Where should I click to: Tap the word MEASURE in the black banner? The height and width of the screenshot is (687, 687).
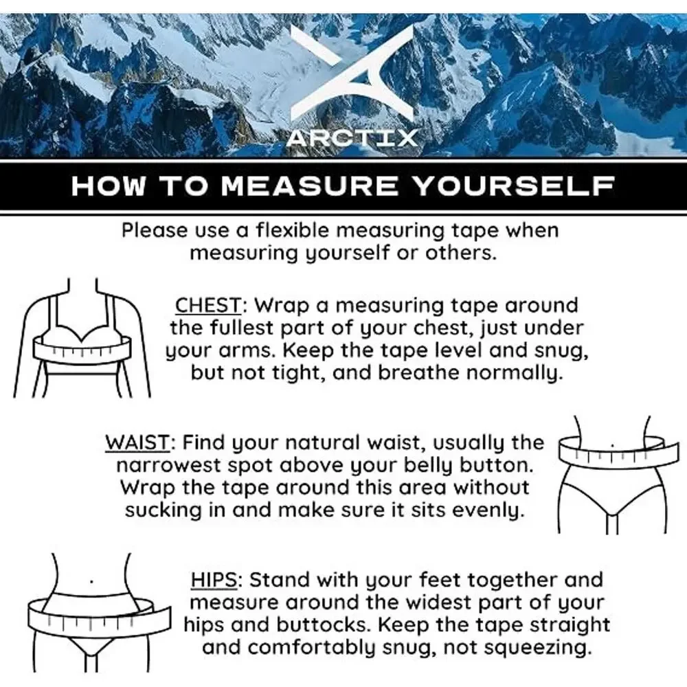coord(310,185)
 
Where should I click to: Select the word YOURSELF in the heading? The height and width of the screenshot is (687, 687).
coord(513,185)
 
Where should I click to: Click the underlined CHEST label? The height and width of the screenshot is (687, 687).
coord(208,305)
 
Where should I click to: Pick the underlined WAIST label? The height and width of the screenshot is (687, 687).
coord(137,442)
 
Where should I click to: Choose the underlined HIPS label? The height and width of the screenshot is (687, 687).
coord(214,580)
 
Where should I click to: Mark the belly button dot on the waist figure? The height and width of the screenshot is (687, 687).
coord(612,447)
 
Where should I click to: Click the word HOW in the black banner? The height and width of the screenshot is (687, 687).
coord(109,185)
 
